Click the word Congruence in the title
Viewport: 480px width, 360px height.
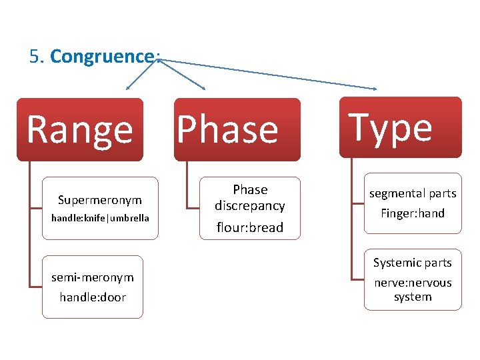click(x=102, y=57)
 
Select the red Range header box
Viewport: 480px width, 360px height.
click(x=80, y=129)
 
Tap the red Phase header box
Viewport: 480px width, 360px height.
click(x=237, y=129)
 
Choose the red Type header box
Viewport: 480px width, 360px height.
click(x=400, y=127)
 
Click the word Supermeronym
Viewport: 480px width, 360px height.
click(x=100, y=200)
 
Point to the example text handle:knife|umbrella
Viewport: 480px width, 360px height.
click(x=100, y=218)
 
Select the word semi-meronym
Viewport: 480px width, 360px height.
click(x=93, y=277)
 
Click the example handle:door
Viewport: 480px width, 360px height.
click(x=93, y=297)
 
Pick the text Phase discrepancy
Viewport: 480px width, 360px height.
click(x=250, y=198)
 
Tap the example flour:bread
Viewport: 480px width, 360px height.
click(x=250, y=227)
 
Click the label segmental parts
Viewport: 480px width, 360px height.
click(x=413, y=193)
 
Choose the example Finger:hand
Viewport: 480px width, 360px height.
click(x=413, y=213)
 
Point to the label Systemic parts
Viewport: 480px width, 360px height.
click(x=413, y=263)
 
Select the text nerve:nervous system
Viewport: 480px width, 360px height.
click(x=413, y=289)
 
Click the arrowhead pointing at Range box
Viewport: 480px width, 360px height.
click(x=129, y=87)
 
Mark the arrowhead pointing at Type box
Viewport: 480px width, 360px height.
click(x=375, y=88)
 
